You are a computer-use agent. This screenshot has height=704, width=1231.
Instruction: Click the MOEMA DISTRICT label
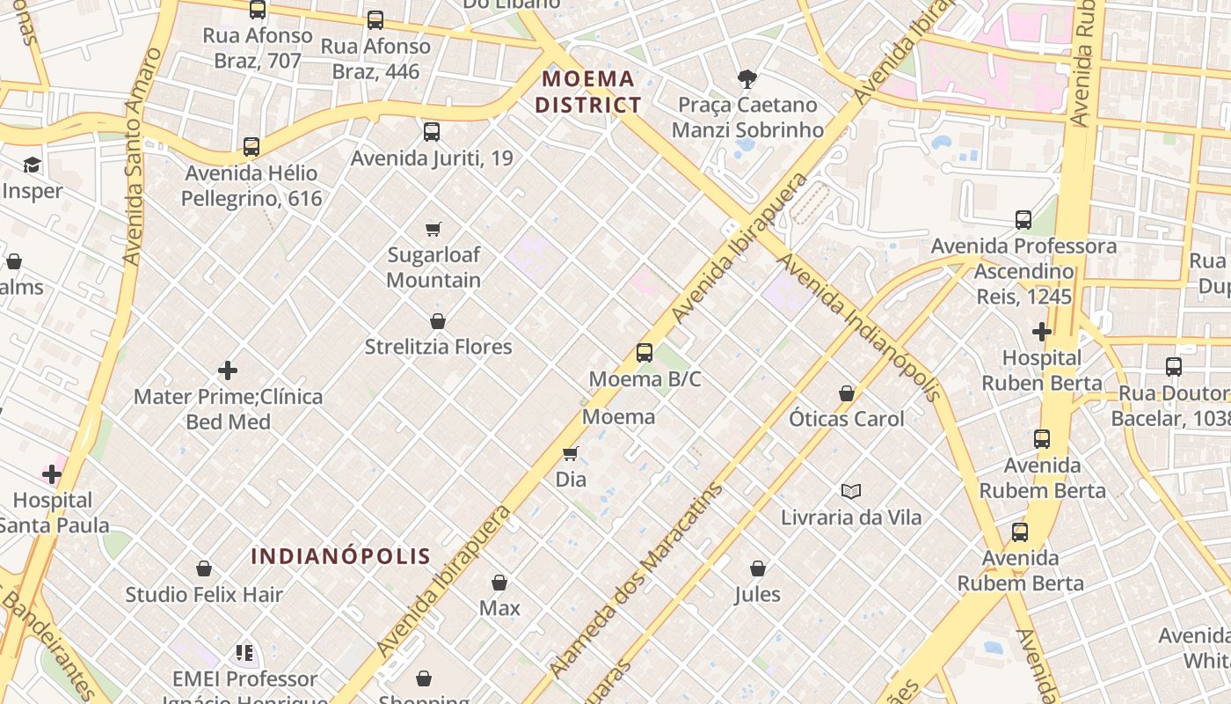588,92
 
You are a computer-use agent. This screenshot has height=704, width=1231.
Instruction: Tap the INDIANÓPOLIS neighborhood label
341,556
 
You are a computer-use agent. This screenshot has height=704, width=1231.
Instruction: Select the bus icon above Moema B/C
645,353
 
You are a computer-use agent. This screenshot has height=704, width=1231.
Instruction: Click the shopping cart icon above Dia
571,454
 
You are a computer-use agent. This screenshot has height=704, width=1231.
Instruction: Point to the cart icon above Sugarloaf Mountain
433,230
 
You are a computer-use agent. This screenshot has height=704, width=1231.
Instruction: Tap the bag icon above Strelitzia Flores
438,321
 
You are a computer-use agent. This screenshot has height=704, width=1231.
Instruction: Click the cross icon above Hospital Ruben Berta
1042,332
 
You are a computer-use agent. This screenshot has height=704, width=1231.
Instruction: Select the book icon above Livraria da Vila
850,491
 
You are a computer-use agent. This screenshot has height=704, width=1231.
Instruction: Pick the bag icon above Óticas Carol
846,393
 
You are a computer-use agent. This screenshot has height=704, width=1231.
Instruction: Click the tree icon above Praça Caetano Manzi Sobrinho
747,79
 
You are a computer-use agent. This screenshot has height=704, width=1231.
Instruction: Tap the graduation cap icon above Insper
33,165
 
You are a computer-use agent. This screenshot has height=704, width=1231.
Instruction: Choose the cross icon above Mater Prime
228,370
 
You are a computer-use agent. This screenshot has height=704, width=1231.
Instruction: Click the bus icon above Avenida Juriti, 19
431,132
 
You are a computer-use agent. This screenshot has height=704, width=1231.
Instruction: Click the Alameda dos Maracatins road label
636,580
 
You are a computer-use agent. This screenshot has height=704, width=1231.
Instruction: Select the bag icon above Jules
757,569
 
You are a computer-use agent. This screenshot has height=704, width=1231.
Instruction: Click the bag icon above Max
499,583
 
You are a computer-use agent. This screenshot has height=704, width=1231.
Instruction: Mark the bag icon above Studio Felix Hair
204,569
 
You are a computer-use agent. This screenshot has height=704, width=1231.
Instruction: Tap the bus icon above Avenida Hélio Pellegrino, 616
251,147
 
